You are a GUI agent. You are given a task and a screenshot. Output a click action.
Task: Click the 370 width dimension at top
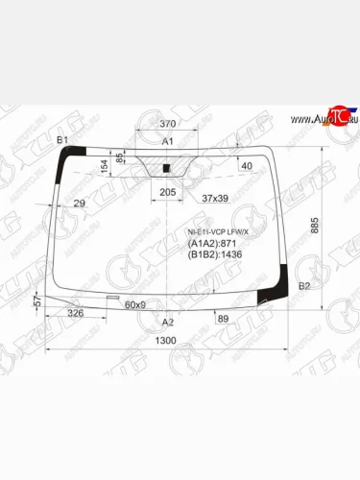pos(168,125)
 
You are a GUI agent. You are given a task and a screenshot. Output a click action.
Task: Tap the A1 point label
pos(166,142)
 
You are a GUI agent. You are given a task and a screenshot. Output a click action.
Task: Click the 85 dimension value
pos(119,159)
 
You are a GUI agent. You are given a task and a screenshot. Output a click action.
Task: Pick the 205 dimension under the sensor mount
pos(167,193)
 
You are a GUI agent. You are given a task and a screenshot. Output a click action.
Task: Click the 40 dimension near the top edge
pos(247,166)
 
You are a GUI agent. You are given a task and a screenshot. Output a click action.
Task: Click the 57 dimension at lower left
pos(36,301)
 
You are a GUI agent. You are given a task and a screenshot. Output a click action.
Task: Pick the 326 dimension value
pos(76,314)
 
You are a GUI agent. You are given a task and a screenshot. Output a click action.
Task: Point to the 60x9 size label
pos(135,305)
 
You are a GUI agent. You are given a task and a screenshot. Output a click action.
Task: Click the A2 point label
pos(168,322)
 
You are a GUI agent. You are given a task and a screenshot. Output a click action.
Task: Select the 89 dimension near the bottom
pos(223,318)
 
